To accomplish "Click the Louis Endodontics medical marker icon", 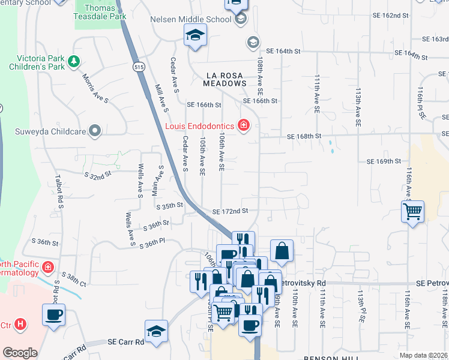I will click(244, 125).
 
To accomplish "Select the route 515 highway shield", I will click(139, 67).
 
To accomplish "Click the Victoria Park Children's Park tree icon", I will click(73, 61).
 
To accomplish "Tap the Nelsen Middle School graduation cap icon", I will click(241, 19).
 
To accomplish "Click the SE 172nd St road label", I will click(230, 211).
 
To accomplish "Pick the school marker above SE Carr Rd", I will click(155, 331).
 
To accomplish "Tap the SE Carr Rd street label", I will click(126, 341).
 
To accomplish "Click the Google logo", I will click(20, 353).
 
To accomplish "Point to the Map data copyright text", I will click(424, 355).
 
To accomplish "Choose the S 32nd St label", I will click(98, 175).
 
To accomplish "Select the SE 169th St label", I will click(384, 161).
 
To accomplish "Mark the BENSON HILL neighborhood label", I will click(330, 357).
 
